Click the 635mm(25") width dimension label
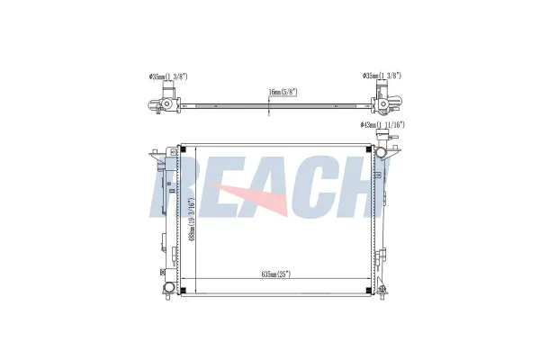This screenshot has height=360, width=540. point(276,274)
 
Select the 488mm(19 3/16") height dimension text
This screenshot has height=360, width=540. point(193,219)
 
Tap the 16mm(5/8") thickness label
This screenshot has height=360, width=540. point(283,92)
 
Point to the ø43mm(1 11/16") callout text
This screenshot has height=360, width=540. point(382,125)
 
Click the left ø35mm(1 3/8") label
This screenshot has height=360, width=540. point(168,76)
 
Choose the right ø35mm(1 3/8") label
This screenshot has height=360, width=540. point(382,76)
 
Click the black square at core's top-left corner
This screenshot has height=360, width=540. point(184,149)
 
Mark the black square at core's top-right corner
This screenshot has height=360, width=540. point(368,149)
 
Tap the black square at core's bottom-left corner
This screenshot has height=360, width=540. point(184,290)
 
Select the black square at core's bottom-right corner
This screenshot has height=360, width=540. point(368,290)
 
